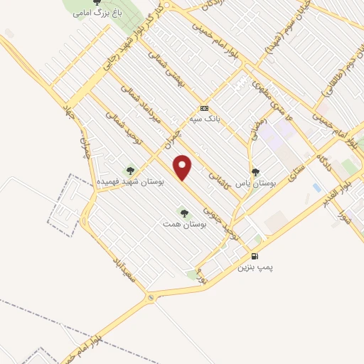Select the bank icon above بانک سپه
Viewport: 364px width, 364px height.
click(x=205, y=107)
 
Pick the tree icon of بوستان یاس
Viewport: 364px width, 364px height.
click(x=256, y=171)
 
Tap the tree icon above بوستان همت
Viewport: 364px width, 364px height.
click(x=184, y=213)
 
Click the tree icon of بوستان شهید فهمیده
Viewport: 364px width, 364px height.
click(x=129, y=171)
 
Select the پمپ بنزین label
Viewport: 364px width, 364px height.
click(x=255, y=267)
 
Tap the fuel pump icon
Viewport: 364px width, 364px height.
click(x=255, y=256)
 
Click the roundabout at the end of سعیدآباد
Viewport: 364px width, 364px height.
click(x=150, y=297)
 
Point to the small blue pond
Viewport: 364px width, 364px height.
click(x=316, y=188)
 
